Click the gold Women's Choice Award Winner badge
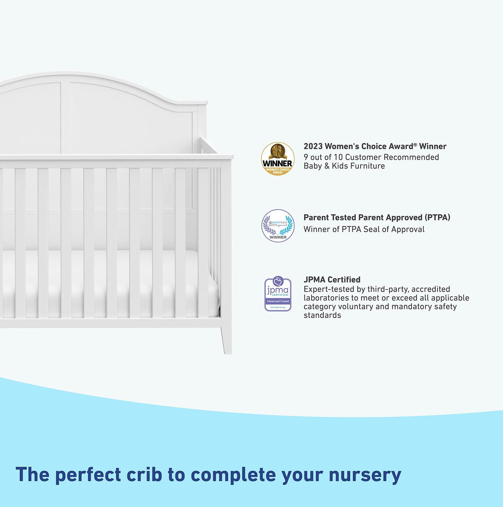coord(278,159)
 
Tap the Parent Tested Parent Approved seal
coord(278,226)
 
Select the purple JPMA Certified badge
coord(278,294)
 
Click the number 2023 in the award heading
coord(313,147)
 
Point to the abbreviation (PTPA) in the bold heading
coord(438,218)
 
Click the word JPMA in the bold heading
coord(315,280)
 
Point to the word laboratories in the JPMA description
coord(326,298)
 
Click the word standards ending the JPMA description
coord(322,315)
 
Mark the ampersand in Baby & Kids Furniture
coord(327,166)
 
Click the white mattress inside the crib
coord(104,279)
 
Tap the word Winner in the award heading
coord(433,147)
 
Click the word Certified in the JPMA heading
coord(344,280)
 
